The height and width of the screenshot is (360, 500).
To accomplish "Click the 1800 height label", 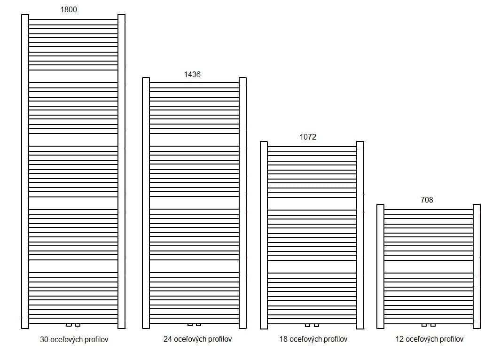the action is coord(69,9).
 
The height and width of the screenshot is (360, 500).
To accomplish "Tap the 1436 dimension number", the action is coord(192,74).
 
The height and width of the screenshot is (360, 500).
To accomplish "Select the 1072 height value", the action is coord(308,137).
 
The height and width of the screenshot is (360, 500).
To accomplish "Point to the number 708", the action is coord(427,200).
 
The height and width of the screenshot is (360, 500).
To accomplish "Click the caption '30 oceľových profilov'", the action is coord(74,340).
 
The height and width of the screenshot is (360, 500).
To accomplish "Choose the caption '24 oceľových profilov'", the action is coord(197,339).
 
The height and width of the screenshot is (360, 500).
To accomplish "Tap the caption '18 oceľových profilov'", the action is coord(313,339).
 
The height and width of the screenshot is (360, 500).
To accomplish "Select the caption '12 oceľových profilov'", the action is coord(429,339).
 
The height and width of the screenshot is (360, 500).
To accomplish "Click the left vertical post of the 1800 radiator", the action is coord(25,171).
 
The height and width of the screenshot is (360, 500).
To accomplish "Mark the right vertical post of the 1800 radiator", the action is coord(122,171).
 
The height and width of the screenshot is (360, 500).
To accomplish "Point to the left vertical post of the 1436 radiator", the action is coord(146,203).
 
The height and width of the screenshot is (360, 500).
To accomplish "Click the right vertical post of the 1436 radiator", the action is coord(242,203).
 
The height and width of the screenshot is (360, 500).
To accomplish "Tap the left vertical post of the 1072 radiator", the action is coord(264,235).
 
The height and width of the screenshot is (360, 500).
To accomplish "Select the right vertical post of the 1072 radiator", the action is coord(360,235).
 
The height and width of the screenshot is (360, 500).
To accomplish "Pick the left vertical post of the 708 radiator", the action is coord(381,266).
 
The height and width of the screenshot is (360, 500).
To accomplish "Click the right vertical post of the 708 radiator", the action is coord(477,266).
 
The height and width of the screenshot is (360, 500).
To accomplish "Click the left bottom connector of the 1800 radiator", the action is coord(69,325).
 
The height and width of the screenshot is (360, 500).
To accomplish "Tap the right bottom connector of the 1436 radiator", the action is coord(199,325).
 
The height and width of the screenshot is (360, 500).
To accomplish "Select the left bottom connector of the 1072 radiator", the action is coord(307,325).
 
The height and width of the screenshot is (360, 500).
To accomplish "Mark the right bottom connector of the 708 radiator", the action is coord(433,325).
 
